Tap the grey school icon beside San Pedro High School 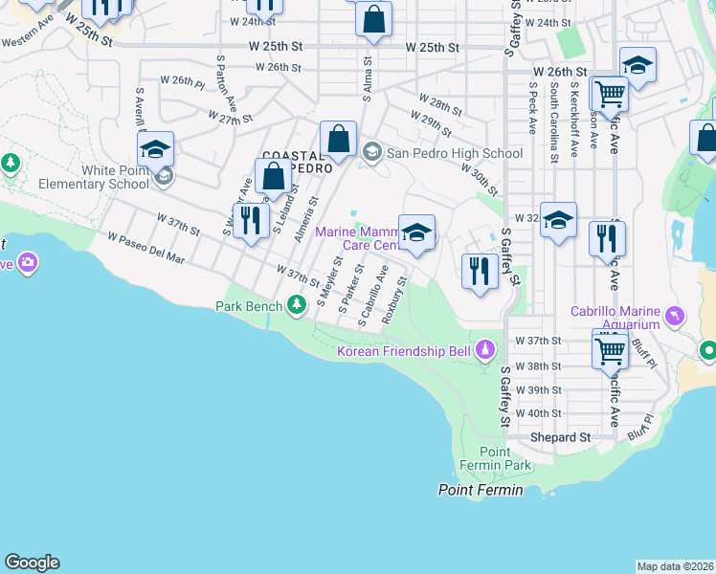[x=372, y=151]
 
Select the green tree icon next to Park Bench [x=298, y=305]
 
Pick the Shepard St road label [x=561, y=437]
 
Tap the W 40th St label [x=537, y=413]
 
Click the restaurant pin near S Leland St [x=251, y=220]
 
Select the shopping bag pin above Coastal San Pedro [x=338, y=138]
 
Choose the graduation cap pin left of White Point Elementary [x=155, y=148]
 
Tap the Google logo [x=32, y=563]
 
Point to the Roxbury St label [x=395, y=300]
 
